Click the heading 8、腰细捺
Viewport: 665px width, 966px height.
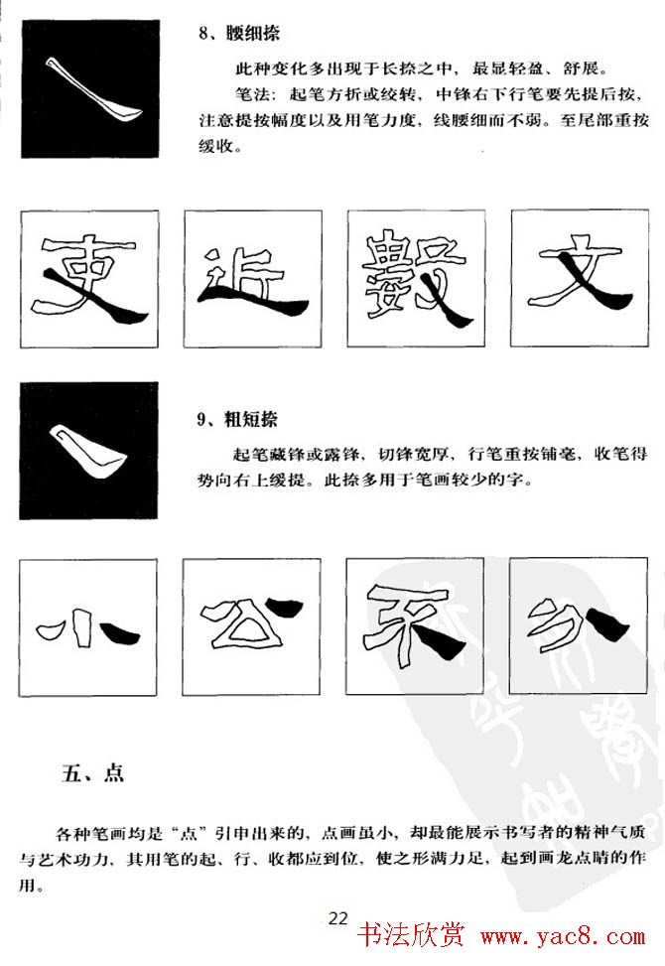pyautogui.click(x=239, y=35)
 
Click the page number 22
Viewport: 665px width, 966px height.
pyautogui.click(x=338, y=918)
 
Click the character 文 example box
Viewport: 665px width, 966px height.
pyautogui.click(x=579, y=278)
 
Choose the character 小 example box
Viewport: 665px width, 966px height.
pyautogui.click(x=88, y=627)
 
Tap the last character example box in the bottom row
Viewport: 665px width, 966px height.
pyautogui.click(x=579, y=627)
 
